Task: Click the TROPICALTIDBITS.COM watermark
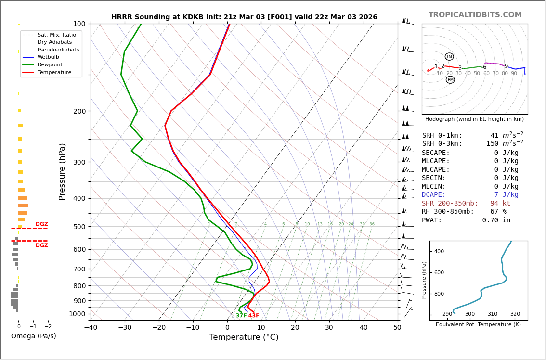pyautogui.click(x=475, y=15)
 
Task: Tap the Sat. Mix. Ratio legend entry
pyautogui.click(x=56, y=35)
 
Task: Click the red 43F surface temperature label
pyautogui.click(x=254, y=316)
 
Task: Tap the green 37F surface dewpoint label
pyautogui.click(x=241, y=316)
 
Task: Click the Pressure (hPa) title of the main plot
pyautogui.click(x=62, y=171)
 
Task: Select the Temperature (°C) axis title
pyautogui.click(x=244, y=337)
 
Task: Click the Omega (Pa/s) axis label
pyautogui.click(x=33, y=336)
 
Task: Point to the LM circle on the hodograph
pyautogui.click(x=449, y=57)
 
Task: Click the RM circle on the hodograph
pyautogui.click(x=450, y=80)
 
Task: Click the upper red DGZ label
pyautogui.click(x=42, y=224)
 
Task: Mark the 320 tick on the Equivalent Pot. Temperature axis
pyautogui.click(x=515, y=314)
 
